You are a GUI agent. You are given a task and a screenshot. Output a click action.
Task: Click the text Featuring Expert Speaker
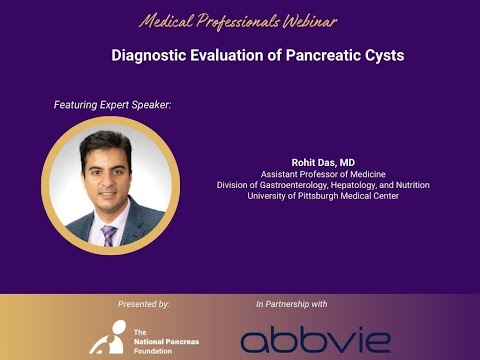coord(112,104)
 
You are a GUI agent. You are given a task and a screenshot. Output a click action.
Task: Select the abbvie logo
coord(315,339)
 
